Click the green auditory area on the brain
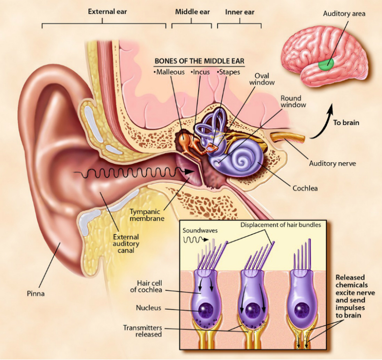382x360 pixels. [325, 63]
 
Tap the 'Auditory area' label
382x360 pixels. [344, 13]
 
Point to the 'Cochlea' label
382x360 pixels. [305, 188]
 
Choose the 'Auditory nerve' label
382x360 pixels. [332, 164]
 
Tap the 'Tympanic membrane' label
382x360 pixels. [146, 215]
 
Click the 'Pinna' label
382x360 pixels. [35, 294]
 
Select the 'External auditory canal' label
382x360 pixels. [126, 244]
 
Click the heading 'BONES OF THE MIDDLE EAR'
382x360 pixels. [200, 61]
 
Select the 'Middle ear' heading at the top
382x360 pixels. [191, 11]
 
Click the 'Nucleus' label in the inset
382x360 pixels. [148, 308]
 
